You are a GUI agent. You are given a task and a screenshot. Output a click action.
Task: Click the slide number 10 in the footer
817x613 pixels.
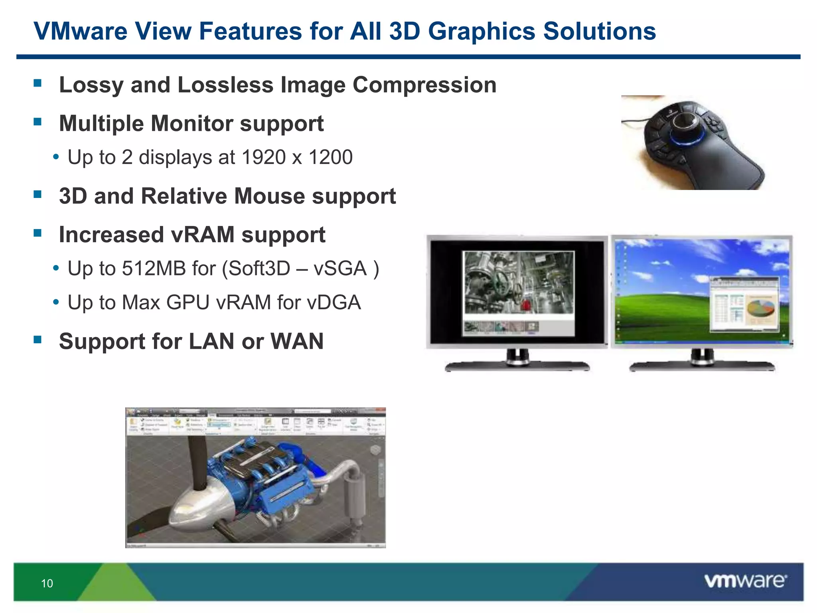click(47, 583)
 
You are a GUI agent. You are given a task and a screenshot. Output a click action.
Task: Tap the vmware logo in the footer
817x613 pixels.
click(745, 581)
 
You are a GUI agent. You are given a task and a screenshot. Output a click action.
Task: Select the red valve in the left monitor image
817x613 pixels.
click(526, 305)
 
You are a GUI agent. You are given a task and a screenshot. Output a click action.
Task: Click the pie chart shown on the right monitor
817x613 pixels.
click(760, 309)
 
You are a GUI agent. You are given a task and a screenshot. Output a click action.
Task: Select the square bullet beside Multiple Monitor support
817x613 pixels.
click(38, 122)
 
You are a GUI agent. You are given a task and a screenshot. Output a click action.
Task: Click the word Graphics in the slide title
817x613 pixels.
click(481, 31)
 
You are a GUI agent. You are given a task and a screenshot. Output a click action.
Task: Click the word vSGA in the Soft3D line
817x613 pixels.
click(340, 268)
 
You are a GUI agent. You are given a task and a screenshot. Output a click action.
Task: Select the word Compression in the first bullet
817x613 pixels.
click(424, 85)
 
